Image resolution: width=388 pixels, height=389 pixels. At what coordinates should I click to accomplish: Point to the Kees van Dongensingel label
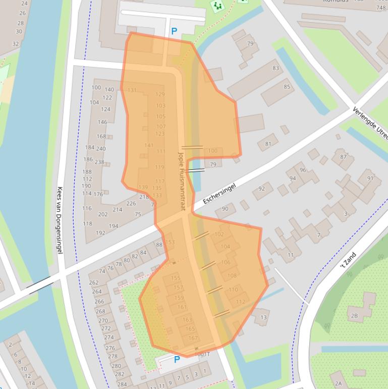[x=60, y=219]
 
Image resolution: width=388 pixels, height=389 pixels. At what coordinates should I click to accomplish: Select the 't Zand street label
[x=348, y=260]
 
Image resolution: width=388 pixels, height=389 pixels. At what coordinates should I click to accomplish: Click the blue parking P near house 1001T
[x=177, y=360]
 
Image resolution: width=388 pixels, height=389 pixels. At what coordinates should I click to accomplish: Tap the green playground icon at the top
[x=217, y=6]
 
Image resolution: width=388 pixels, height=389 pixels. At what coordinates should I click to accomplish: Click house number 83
[x=275, y=68]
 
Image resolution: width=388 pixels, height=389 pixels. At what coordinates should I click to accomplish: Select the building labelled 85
[x=287, y=87]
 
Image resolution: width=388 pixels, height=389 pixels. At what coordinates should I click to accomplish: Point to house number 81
[x=268, y=144]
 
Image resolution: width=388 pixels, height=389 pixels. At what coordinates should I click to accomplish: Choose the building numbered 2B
[x=354, y=316]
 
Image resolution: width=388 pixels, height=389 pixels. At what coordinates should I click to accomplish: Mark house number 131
[x=132, y=90]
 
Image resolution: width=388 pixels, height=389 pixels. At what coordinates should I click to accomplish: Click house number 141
[x=149, y=145]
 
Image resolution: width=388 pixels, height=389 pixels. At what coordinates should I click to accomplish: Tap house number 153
[x=170, y=242]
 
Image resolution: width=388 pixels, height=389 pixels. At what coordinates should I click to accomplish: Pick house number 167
[x=193, y=338]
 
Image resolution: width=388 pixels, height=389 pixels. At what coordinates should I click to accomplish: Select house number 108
[x=232, y=276]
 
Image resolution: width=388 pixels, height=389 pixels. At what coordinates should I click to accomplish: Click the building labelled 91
[x=371, y=178]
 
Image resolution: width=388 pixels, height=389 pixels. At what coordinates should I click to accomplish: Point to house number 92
[x=262, y=189]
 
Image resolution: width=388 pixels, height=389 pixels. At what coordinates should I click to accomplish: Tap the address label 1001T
[x=202, y=354]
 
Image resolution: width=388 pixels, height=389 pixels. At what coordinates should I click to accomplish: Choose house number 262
[x=94, y=283]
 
